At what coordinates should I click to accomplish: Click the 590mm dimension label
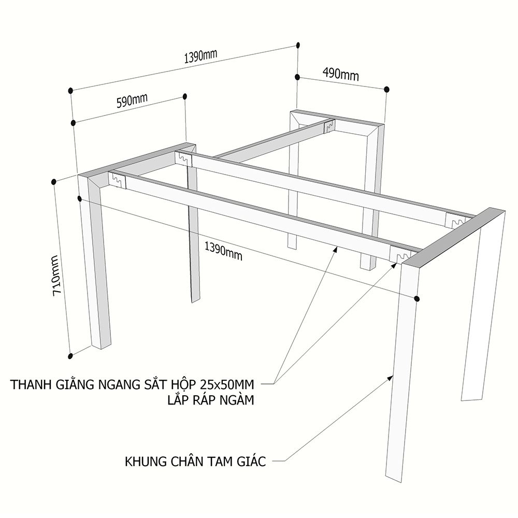tap(132, 100)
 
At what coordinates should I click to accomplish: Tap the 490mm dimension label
tap(341, 74)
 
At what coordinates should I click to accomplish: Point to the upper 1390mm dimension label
tap(200, 56)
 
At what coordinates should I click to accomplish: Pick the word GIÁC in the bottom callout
tap(251, 461)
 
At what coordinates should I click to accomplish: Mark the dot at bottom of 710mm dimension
tap(70, 356)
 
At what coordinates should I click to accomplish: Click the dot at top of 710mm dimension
tap(53, 181)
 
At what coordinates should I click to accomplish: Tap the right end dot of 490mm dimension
tap(387, 90)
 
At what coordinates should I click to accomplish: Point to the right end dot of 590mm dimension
tap(185, 96)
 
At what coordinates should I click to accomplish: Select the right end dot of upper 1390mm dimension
tap(298, 45)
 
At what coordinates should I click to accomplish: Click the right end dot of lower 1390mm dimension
tap(417, 299)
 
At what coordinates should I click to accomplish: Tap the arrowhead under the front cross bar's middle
tap(335, 249)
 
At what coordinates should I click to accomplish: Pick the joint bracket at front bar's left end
tap(117, 180)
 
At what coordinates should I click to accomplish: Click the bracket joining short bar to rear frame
tap(329, 125)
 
